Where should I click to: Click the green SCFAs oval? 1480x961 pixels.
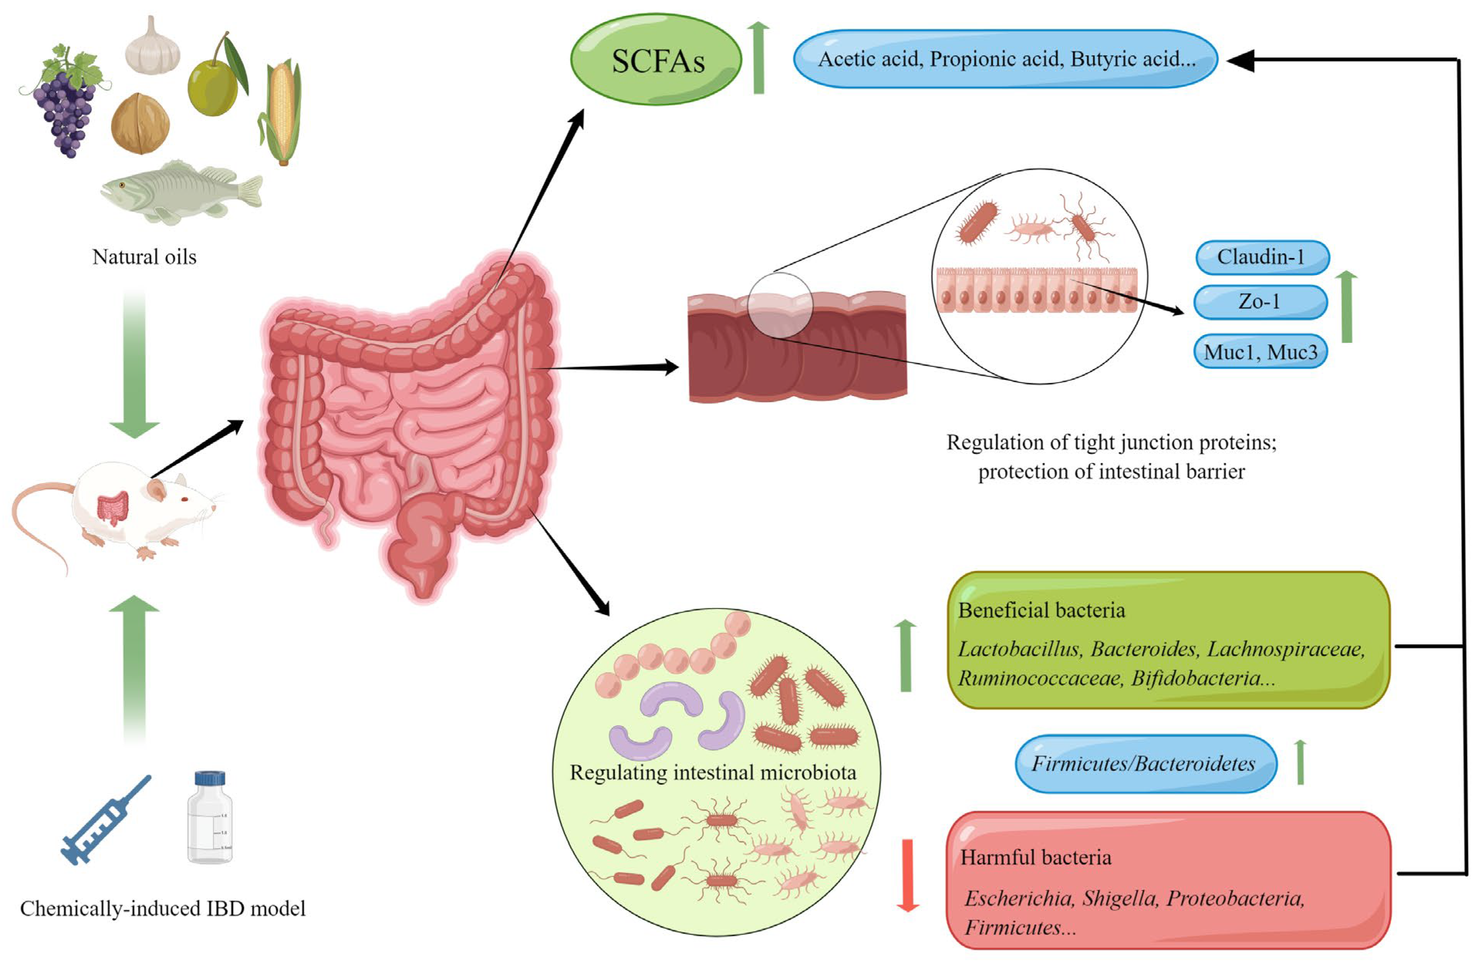pos(656,60)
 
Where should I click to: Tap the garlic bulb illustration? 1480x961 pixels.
pos(152,49)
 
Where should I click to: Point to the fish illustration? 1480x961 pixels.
pos(180,191)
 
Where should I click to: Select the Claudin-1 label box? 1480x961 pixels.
pos(1261,257)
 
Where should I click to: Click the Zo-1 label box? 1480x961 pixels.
pos(1260,302)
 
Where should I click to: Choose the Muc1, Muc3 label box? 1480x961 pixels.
pos(1260,352)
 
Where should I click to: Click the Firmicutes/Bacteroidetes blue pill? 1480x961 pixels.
pos(1145,763)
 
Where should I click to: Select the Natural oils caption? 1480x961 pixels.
pos(144,257)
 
